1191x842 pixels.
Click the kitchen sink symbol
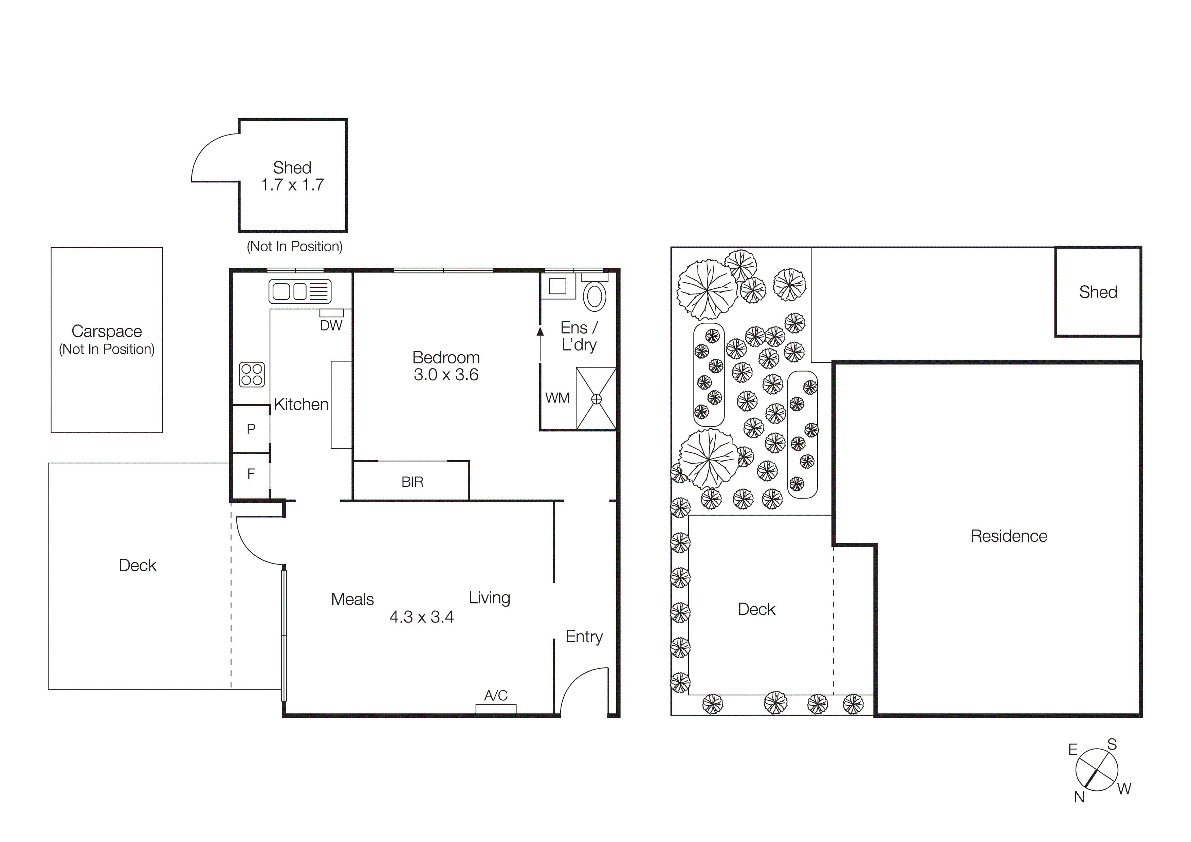tap(300, 291)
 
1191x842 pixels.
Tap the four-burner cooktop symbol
tap(252, 375)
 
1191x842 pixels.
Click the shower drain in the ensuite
tap(597, 399)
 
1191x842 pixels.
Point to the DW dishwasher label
tap(331, 326)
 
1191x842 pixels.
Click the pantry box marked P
tap(251, 429)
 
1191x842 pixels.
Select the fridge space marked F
tap(251, 474)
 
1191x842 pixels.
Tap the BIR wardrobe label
tap(413, 482)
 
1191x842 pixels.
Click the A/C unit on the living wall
tap(496, 709)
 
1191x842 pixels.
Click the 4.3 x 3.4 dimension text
tap(421, 617)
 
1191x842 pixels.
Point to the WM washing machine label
tap(557, 398)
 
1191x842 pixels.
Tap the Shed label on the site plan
tap(1098, 292)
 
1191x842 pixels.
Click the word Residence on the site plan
tap(1008, 536)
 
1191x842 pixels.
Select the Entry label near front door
tap(584, 637)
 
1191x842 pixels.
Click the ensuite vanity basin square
tap(557, 286)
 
